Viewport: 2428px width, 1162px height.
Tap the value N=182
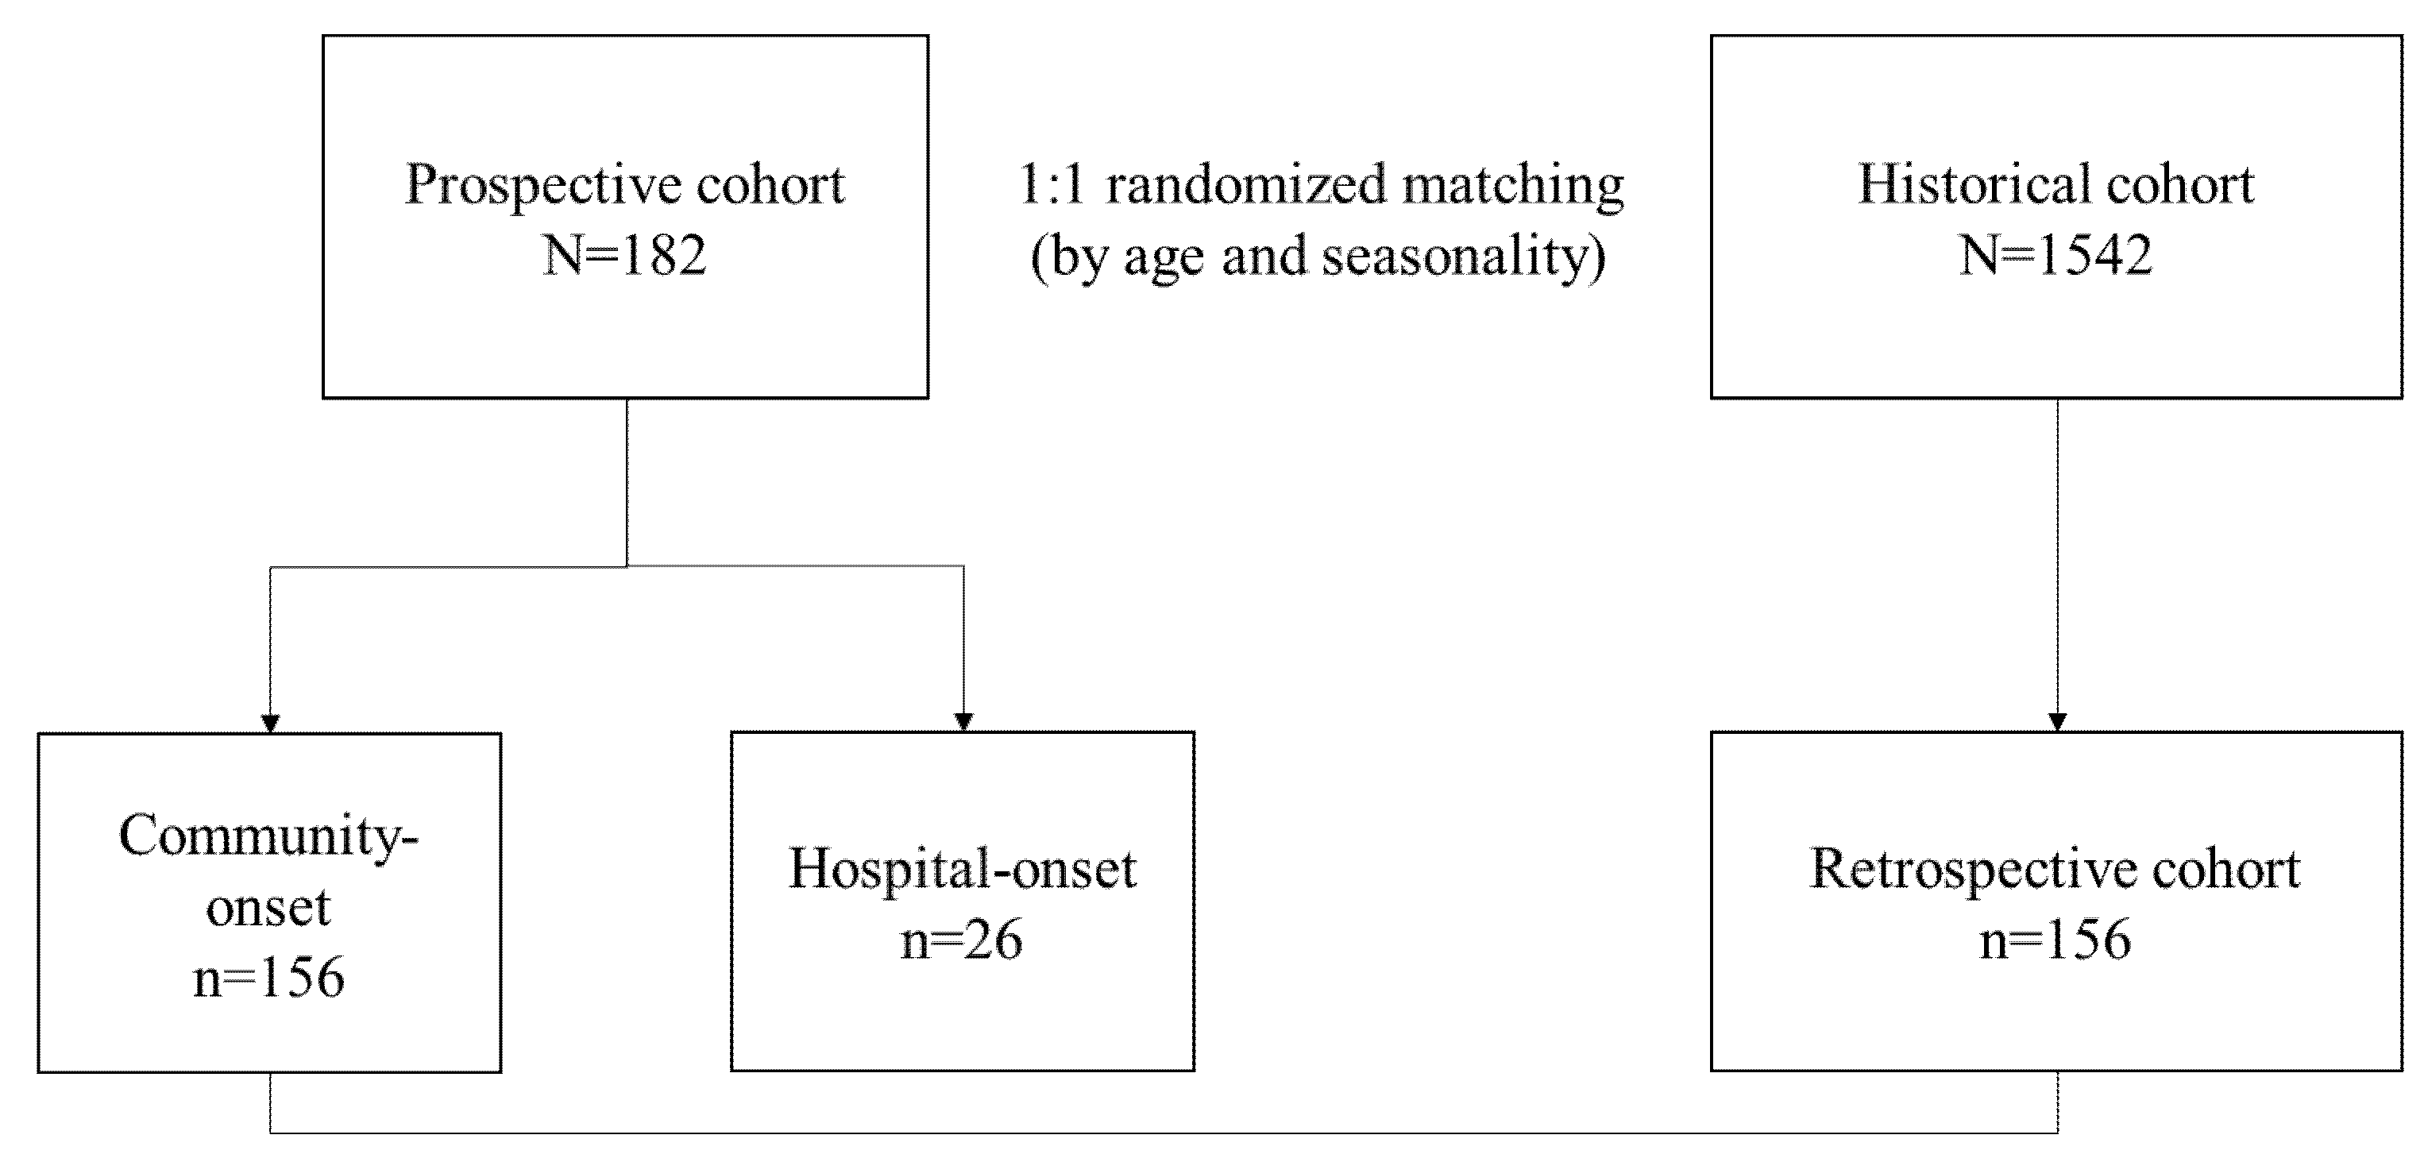click(624, 256)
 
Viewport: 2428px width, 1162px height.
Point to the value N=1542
click(2056, 256)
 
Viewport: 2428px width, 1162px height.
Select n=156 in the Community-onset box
click(268, 979)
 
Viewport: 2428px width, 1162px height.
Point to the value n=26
click(961, 940)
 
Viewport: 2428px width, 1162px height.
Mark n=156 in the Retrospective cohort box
click(2055, 940)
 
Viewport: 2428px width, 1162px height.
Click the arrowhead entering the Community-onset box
click(271, 724)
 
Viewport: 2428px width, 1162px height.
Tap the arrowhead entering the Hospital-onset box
click(963, 722)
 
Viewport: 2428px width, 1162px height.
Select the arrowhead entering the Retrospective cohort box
click(2058, 722)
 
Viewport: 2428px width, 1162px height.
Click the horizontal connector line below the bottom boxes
click(1163, 1132)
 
